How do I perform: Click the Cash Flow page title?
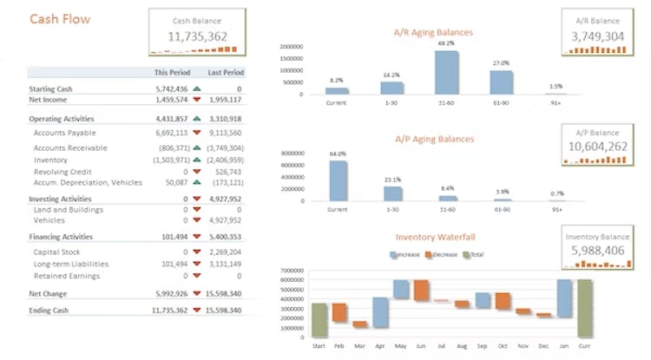point(60,19)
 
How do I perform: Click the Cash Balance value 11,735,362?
point(197,36)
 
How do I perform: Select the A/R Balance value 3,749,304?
point(598,36)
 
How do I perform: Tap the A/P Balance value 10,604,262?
point(598,147)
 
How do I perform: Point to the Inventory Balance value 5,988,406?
point(598,251)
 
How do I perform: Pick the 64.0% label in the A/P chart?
point(337,154)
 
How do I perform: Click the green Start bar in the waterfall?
point(319,320)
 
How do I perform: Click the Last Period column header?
point(226,73)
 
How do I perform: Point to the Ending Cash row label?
point(49,310)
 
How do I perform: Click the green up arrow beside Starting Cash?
point(197,88)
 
